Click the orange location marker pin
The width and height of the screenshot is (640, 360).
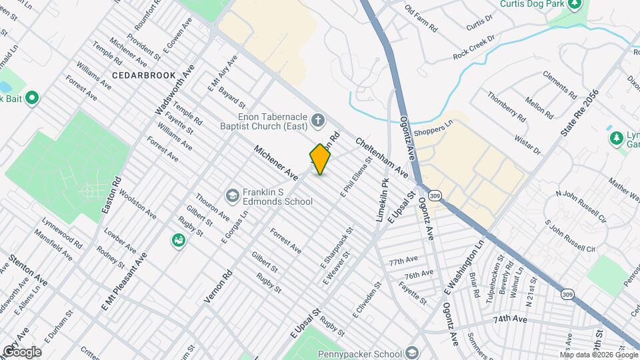point(320,159)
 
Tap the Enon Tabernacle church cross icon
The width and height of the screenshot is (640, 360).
point(318,121)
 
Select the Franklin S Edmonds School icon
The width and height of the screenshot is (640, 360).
point(232,195)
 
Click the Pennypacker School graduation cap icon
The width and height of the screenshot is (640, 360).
point(413,353)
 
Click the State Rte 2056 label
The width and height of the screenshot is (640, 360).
point(579,114)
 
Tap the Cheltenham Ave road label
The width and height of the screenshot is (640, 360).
point(381,157)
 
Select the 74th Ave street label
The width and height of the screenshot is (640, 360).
point(510,319)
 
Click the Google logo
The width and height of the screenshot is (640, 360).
point(22,352)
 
